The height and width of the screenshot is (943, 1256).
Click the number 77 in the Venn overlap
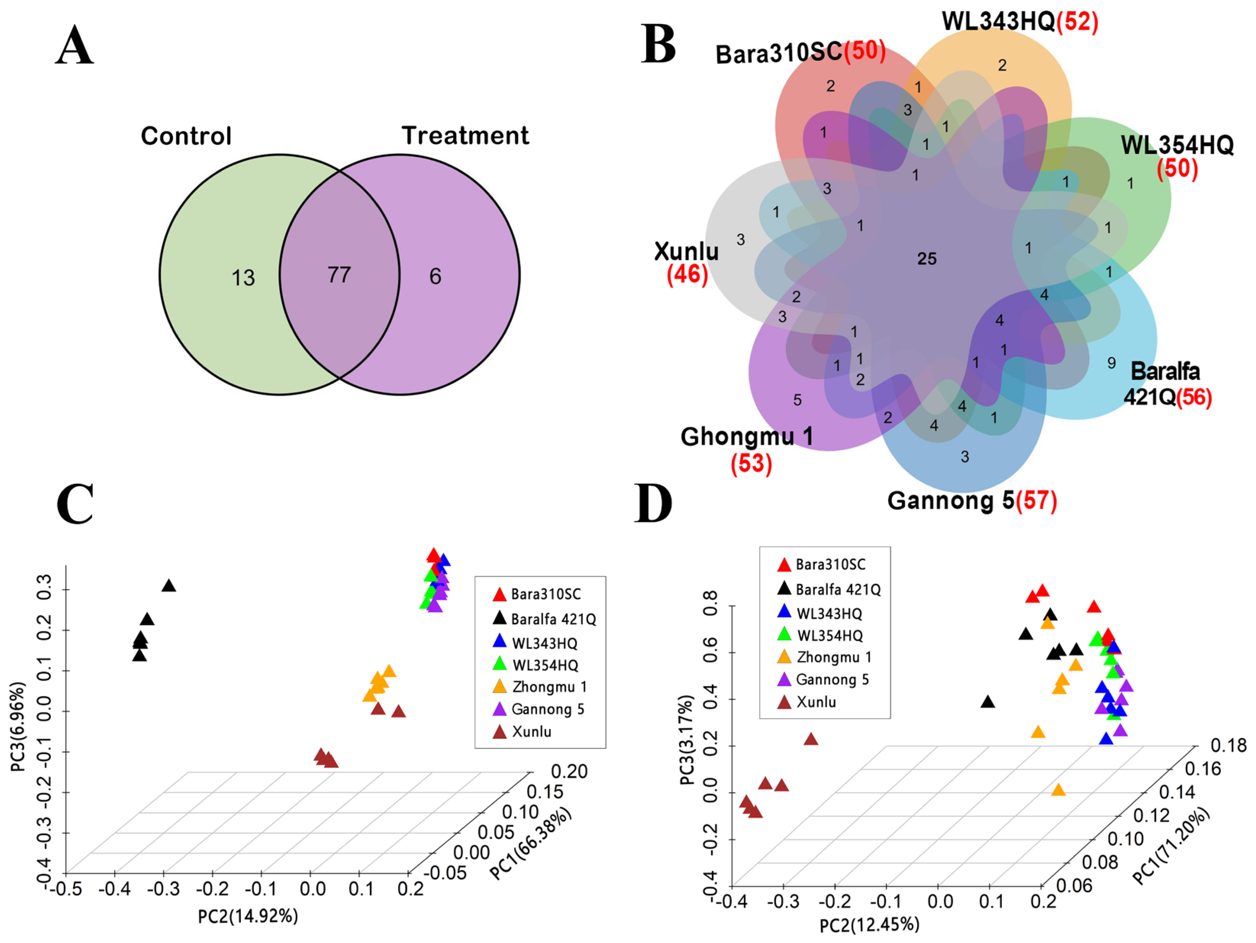pos(339,276)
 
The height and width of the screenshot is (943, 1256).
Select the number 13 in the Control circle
pos(243,278)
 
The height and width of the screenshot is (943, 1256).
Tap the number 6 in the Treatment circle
pos(435,277)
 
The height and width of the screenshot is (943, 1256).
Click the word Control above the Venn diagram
pos(186,136)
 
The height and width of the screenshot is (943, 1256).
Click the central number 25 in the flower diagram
pos(927,259)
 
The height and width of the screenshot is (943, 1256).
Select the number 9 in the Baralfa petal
pos(1111,363)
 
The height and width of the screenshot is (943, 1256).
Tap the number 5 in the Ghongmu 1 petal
pos(797,400)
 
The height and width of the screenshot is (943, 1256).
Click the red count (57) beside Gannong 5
pos(1036,501)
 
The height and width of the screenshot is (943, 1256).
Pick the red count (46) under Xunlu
pos(687,275)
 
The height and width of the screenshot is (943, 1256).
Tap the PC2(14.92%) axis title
pos(248,916)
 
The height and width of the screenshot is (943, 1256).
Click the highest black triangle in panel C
pos(169,586)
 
